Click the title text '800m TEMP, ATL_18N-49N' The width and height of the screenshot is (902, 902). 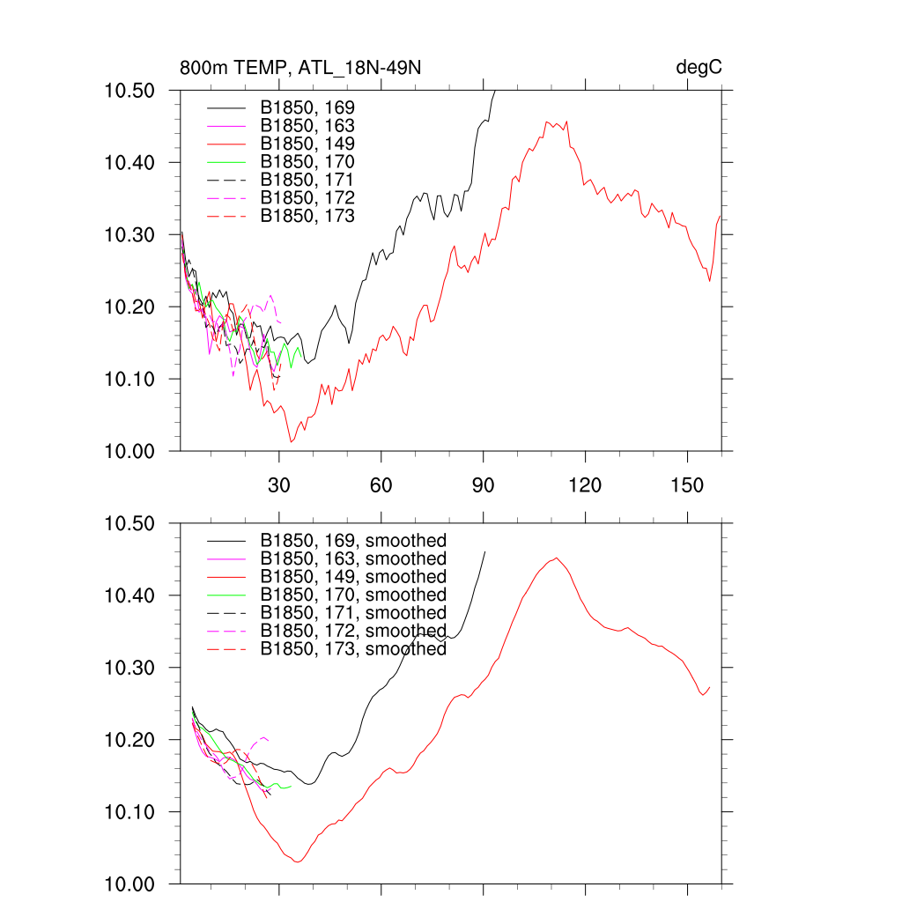tap(305, 68)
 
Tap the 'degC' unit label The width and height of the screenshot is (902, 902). tap(699, 68)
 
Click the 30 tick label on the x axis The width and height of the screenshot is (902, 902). tap(279, 485)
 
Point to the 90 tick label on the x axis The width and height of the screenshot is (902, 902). tap(484, 485)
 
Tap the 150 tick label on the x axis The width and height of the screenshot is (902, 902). tap(687, 485)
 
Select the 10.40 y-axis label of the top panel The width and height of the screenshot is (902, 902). tap(129, 163)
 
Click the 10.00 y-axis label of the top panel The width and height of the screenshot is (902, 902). tap(129, 451)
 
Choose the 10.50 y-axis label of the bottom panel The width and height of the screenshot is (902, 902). tap(129, 523)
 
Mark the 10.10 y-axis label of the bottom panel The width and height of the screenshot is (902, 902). tap(129, 811)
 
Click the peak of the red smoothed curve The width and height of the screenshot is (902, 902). tap(557, 558)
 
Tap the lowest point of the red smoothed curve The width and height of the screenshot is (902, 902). tap(297, 861)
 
